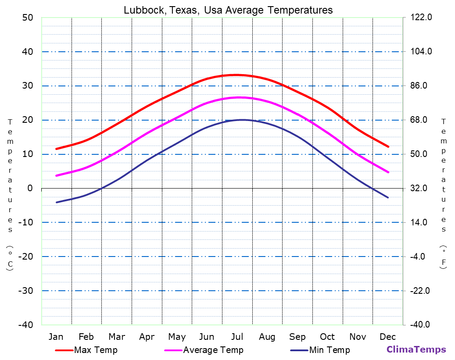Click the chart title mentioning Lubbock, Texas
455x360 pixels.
pos(228,10)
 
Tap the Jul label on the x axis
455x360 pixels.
pos(237,337)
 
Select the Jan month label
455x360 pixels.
pos(56,337)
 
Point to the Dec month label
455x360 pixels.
pos(388,337)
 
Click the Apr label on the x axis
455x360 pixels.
pos(147,337)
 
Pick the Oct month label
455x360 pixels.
pos(327,337)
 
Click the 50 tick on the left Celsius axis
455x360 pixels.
pos(27,18)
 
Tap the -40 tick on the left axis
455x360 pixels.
pos(25,325)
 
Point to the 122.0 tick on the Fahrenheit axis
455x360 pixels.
pos(421,18)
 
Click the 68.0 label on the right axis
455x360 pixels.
pos(421,120)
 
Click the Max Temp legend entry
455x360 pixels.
pos(96,350)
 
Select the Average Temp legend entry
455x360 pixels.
pos(213,350)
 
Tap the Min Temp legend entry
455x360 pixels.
pos(329,350)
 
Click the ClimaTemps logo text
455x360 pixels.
pos(416,349)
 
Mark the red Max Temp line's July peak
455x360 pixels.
pos(237,75)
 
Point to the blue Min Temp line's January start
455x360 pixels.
pos(57,202)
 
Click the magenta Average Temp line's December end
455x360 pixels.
pos(388,172)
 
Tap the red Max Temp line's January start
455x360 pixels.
pos(57,149)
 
